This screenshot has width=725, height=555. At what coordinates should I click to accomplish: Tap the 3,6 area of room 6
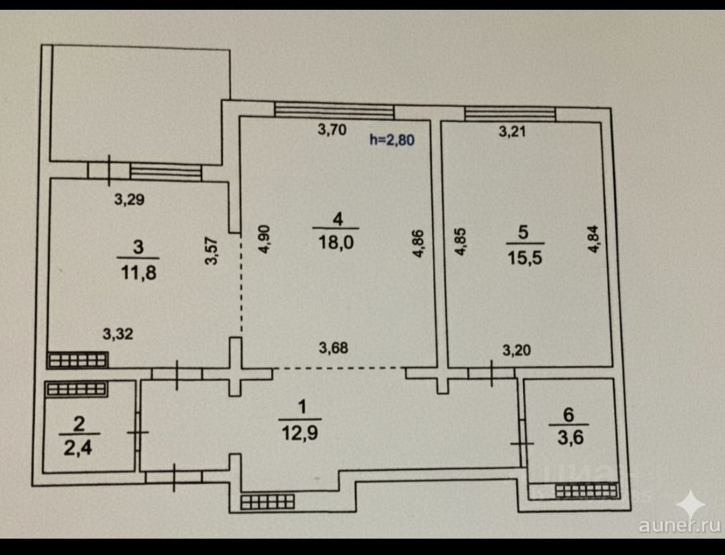568,440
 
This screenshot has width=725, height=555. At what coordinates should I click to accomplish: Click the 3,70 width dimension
332,130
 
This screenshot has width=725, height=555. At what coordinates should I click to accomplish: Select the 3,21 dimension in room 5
512,132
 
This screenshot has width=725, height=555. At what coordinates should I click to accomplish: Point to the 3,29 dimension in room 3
130,199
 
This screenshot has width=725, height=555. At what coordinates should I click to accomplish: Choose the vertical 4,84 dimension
593,238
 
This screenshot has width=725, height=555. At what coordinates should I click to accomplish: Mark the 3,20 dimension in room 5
516,350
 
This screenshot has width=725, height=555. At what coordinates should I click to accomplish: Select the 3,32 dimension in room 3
117,334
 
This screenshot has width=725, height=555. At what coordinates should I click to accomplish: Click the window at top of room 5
510,114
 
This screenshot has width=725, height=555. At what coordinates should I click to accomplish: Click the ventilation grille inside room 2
75,389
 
